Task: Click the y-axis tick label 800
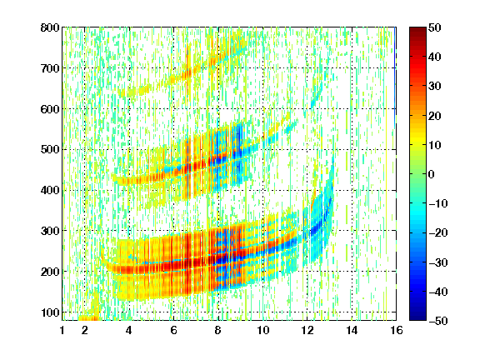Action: pos(50,27)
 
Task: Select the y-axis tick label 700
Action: pos(50,68)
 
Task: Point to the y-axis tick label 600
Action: pos(50,109)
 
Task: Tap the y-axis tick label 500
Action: pos(50,150)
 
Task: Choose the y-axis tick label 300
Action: pos(50,231)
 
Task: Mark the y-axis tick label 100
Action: pos(50,312)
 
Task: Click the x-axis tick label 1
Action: pos(62,330)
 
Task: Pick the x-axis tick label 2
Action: pos(85,330)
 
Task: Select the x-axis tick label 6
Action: pos(173,330)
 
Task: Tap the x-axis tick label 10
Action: pos(263,330)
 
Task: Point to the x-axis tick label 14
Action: pos(352,330)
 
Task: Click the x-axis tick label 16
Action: pos(397,330)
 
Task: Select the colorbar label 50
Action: pos(434,27)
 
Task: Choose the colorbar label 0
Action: pos(432,174)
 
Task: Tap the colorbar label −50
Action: pos(438,321)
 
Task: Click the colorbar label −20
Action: pos(438,232)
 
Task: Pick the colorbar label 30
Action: pos(434,86)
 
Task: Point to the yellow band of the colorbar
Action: pos(417,141)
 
